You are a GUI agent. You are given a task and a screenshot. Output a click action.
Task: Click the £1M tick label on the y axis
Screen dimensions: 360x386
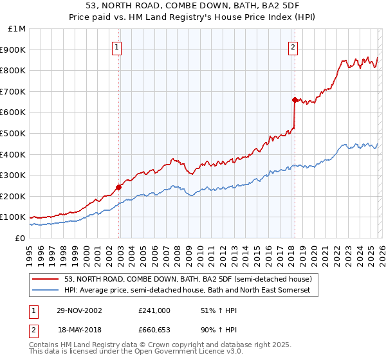click(x=17, y=29)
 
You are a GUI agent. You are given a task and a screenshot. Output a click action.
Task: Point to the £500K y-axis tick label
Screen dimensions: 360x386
click(x=14, y=134)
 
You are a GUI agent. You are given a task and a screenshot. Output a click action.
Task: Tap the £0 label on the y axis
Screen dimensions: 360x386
click(x=21, y=238)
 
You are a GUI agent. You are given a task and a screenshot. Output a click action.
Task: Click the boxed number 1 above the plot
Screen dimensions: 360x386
click(x=118, y=46)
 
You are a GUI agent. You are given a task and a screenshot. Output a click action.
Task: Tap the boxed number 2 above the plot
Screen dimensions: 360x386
click(x=293, y=46)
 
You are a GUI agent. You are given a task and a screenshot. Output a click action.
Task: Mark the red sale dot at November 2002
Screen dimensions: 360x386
click(x=119, y=188)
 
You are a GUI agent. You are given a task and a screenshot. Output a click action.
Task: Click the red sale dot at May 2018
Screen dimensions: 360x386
click(x=295, y=100)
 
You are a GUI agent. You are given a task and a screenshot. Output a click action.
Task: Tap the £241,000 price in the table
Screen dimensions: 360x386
click(x=154, y=310)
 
